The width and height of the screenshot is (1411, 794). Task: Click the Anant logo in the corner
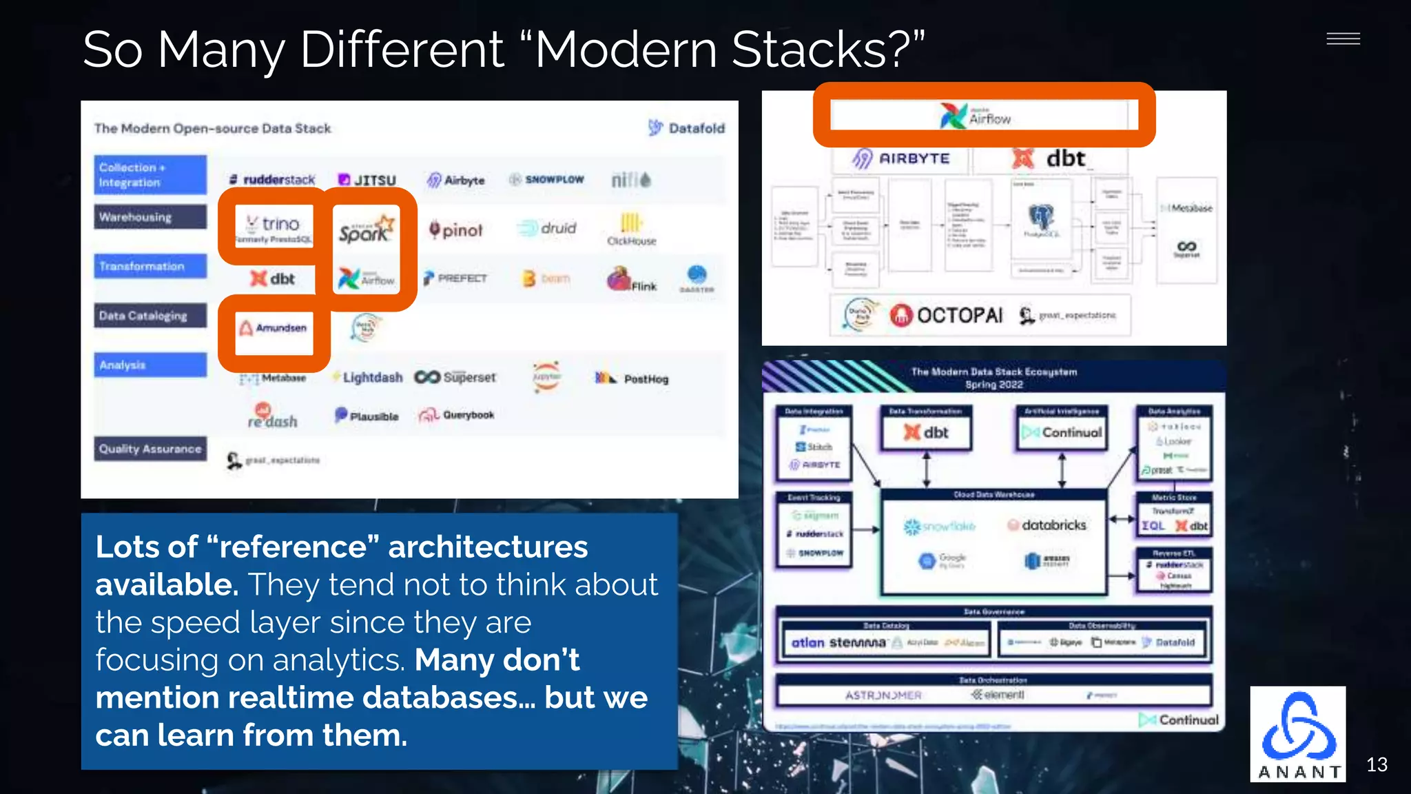coord(1297,734)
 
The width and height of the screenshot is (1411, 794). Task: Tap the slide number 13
coord(1377,764)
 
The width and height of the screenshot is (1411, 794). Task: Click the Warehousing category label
coord(150,217)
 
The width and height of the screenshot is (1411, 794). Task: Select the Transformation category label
coord(150,266)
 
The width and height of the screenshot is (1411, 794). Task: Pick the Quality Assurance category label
coord(150,449)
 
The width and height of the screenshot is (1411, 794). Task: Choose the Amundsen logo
coord(274,328)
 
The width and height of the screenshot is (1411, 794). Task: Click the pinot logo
coord(456,230)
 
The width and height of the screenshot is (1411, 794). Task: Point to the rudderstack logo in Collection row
coord(272,180)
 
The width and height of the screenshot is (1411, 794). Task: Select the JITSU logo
coord(367,180)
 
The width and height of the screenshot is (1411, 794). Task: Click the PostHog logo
coord(632,378)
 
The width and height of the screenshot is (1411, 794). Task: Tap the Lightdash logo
coord(367,378)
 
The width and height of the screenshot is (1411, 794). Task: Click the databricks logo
coord(1047,525)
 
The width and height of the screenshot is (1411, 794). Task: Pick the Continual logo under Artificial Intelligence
coord(1062,432)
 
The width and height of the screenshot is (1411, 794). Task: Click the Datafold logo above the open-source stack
coord(687,128)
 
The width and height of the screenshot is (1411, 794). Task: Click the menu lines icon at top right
coord(1343,39)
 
